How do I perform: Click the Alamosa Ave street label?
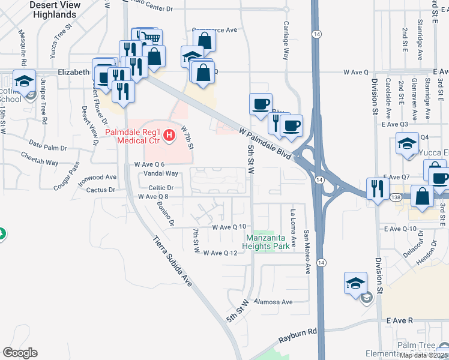point(273,302)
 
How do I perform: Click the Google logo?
point(20,353)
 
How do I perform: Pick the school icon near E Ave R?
point(355,282)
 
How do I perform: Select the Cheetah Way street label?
point(39,163)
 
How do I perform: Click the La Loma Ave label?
point(294,229)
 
